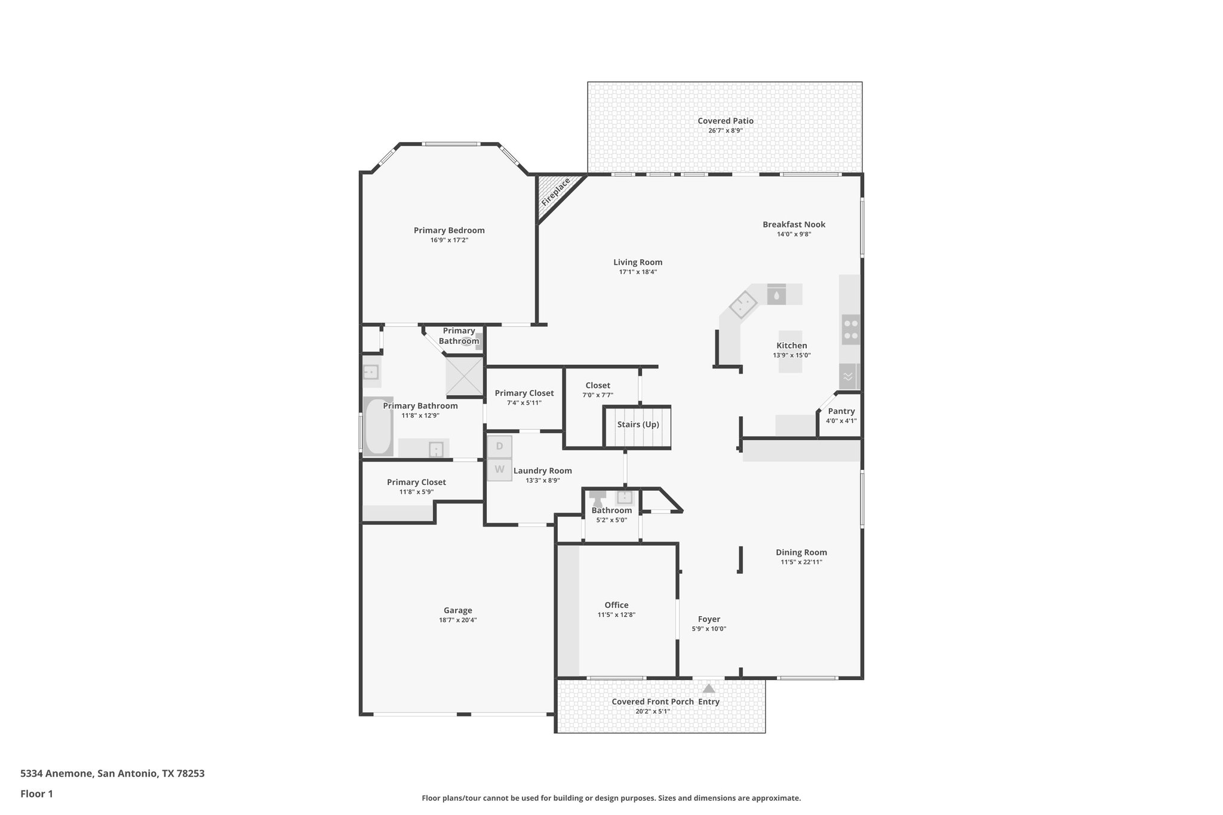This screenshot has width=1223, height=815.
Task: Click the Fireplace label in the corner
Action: [555, 192]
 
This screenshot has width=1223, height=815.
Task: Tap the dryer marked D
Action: [499, 447]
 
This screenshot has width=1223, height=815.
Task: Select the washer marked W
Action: [499, 469]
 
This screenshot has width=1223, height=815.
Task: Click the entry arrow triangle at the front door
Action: [708, 688]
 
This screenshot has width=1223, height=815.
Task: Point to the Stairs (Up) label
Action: [638, 425]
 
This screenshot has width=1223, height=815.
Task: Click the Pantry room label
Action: [841, 411]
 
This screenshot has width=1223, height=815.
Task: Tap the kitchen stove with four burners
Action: [851, 330]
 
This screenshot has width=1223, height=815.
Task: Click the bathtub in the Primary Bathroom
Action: [377, 426]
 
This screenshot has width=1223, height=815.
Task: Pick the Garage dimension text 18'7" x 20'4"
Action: [457, 620]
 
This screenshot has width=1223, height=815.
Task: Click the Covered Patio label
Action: [725, 121]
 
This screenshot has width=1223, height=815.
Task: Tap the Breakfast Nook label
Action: [794, 224]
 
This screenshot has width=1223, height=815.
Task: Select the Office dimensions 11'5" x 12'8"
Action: [616, 614]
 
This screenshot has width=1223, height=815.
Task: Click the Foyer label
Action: [709, 619]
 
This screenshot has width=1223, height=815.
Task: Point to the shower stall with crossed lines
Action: [464, 376]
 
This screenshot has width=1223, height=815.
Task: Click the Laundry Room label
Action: [542, 470]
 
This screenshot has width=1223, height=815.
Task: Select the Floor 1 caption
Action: [37, 794]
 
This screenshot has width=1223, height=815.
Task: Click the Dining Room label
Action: [801, 552]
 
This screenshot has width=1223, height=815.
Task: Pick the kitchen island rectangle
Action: [790, 352]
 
